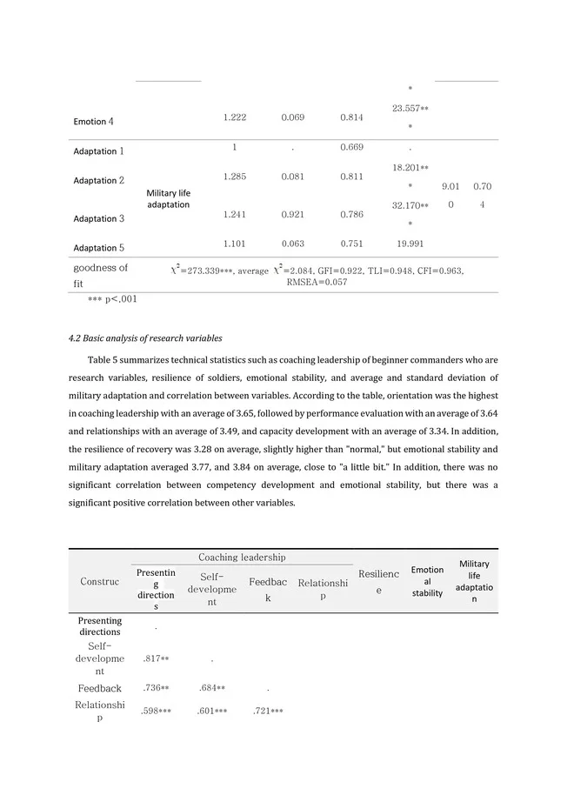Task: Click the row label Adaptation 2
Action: (98, 180)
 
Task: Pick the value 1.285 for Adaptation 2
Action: (235, 177)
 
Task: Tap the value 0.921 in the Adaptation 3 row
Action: (293, 214)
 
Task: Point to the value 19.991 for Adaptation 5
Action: (410, 244)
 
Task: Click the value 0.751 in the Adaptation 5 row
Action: (352, 244)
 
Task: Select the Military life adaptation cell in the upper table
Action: (168, 198)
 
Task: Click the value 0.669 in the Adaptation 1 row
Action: (352, 147)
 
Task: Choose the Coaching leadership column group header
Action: (242, 557)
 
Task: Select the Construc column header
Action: (100, 581)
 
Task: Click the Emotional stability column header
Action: (427, 581)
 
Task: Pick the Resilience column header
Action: (378, 582)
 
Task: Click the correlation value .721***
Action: (268, 711)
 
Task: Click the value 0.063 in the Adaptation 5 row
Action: (293, 244)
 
